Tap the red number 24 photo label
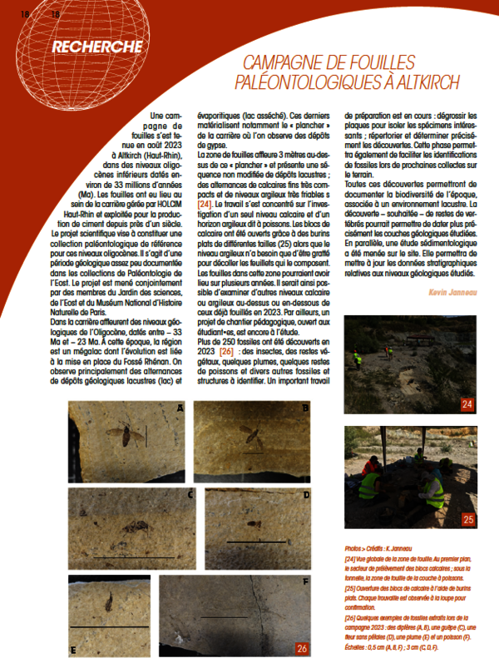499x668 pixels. [x=467, y=404]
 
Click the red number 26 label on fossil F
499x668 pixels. [x=301, y=647]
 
